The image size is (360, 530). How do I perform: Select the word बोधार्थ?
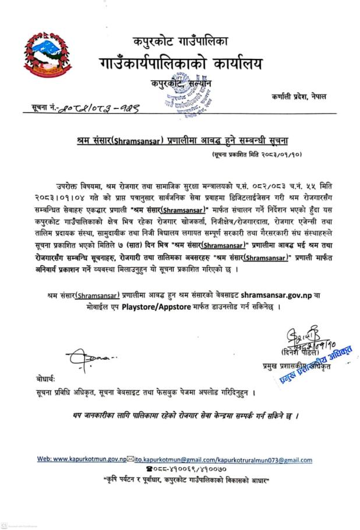[45, 379]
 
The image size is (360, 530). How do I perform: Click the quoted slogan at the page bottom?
[180, 481]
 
